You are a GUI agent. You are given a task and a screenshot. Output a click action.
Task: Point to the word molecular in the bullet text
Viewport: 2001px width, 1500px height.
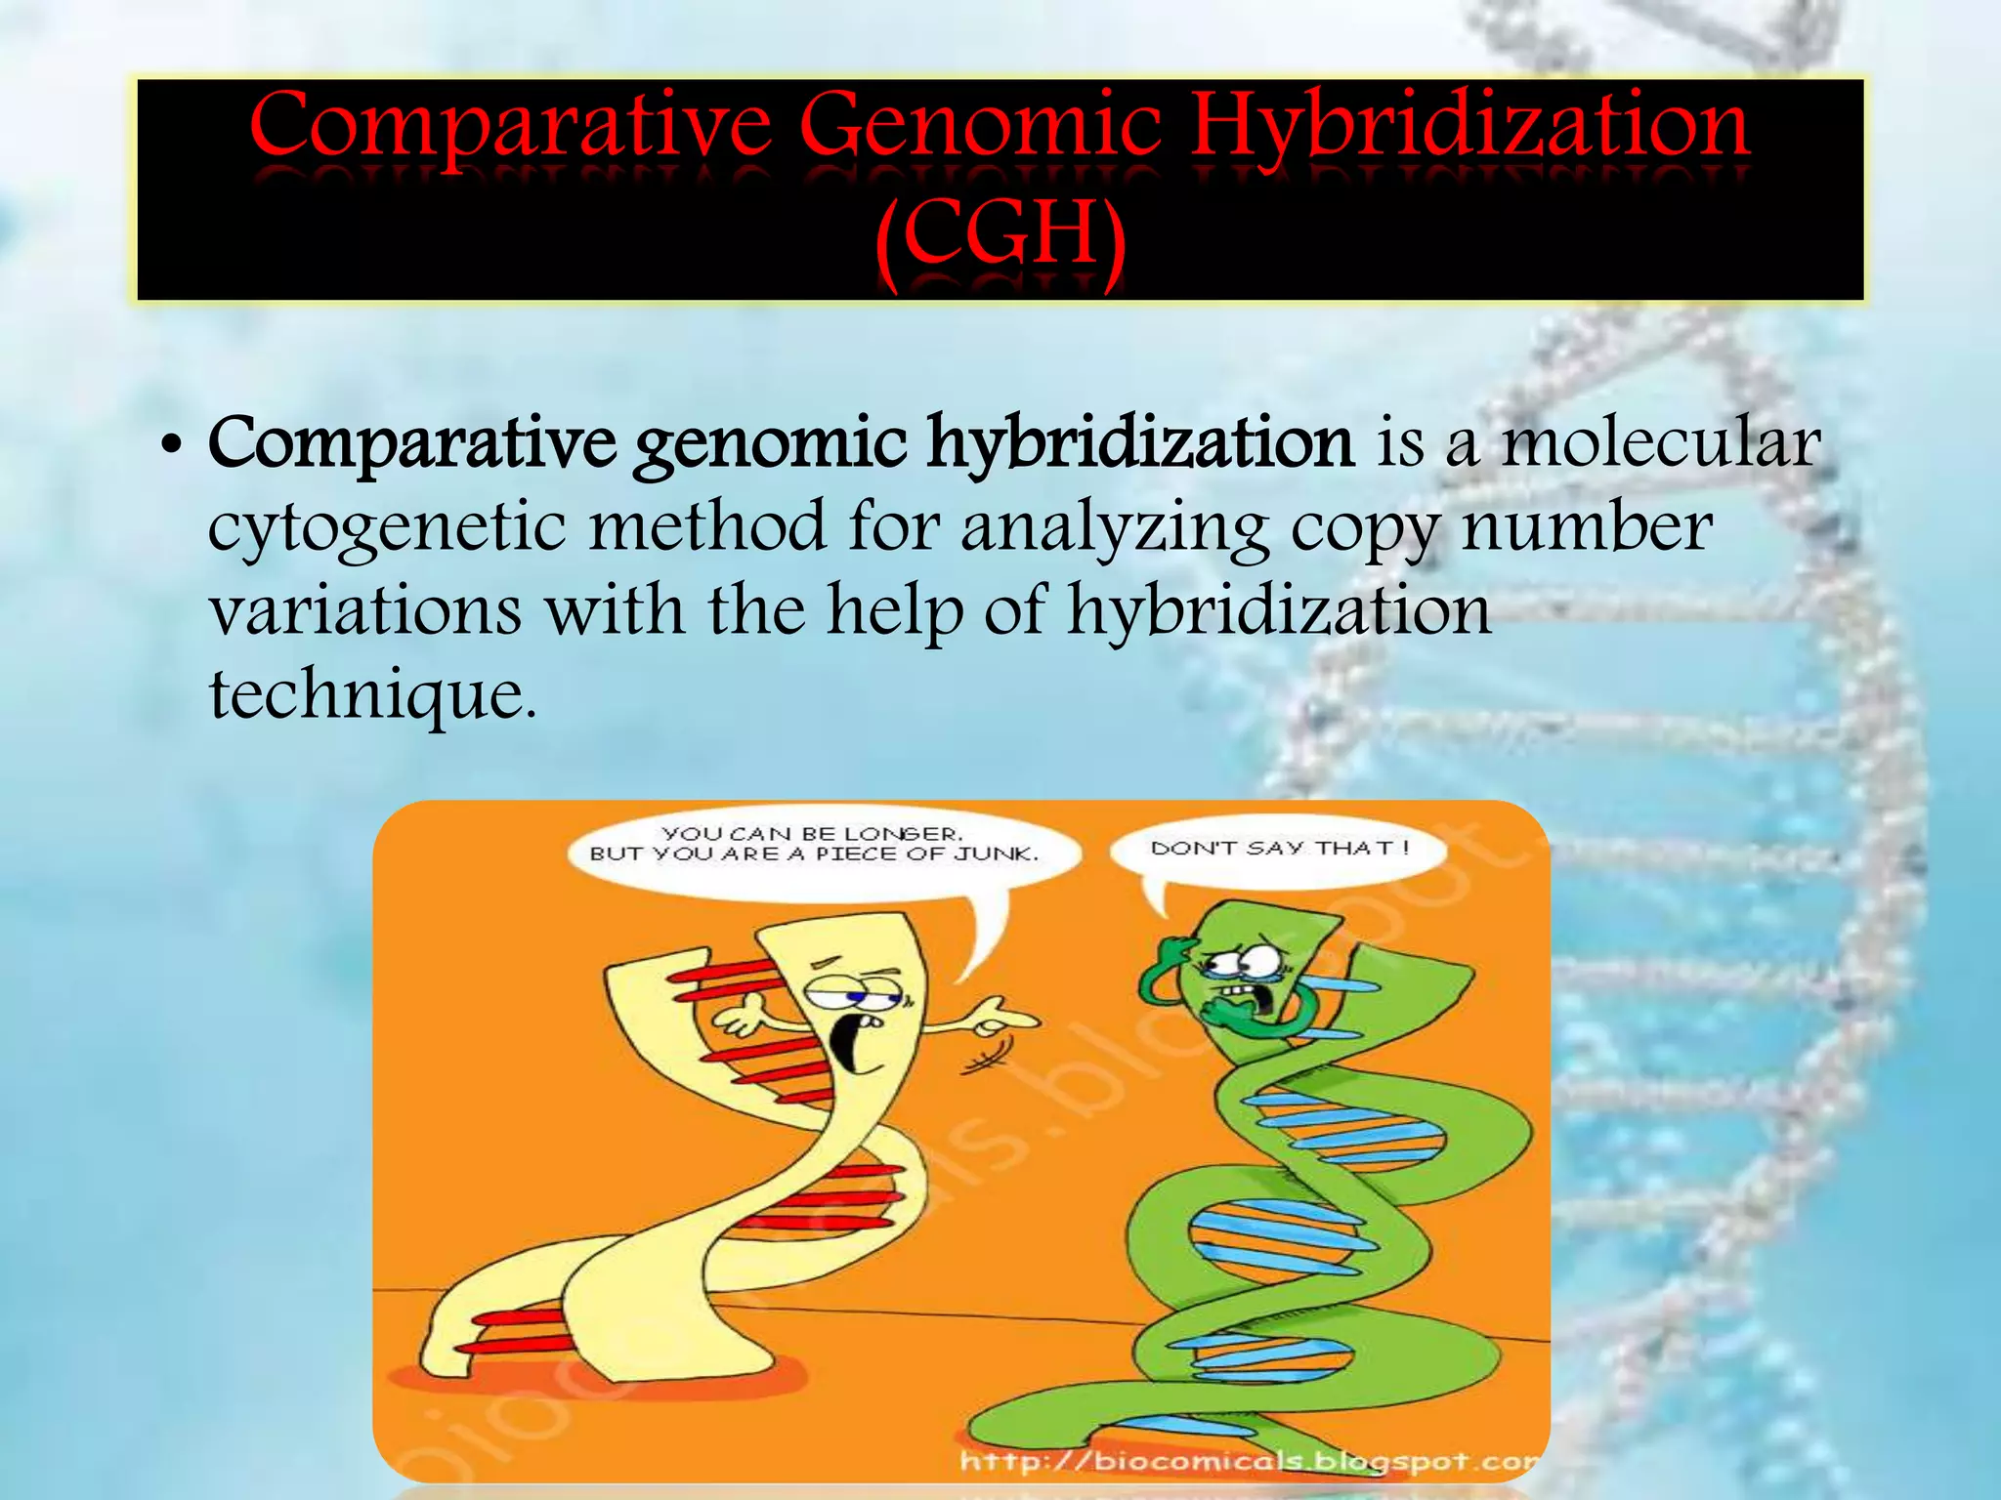pos(1660,443)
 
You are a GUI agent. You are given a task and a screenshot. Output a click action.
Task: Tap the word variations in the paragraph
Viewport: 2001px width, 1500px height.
pos(365,611)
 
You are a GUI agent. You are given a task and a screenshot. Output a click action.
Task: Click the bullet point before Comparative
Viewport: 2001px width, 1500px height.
pos(171,449)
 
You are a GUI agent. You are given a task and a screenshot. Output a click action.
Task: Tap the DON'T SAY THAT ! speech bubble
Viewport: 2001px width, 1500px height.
pos(1279,849)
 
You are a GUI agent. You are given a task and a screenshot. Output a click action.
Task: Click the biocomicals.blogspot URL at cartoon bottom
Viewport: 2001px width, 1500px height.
pos(1246,1462)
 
